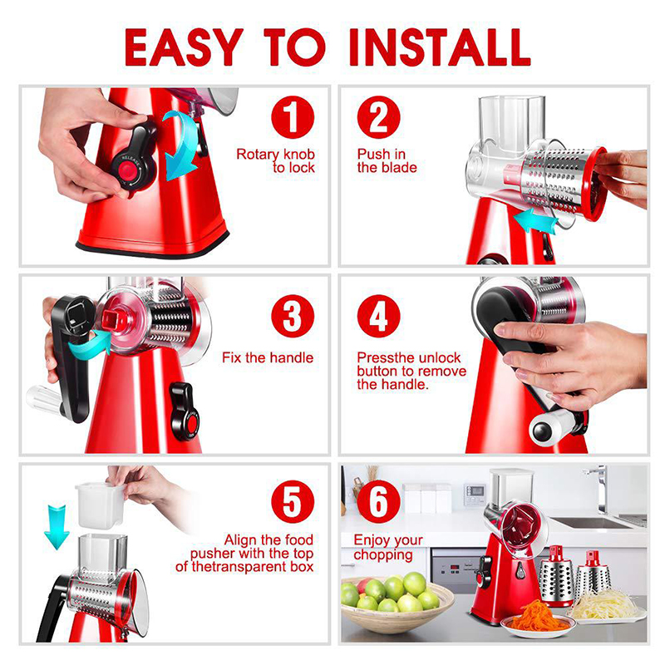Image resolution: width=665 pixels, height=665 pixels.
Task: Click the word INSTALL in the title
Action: (x=440, y=47)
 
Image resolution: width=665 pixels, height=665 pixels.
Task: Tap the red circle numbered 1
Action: (x=293, y=117)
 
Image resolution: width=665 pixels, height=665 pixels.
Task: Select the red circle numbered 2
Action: (x=379, y=117)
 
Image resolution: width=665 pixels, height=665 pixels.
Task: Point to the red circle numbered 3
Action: (x=293, y=316)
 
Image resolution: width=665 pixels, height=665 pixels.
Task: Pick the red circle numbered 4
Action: (x=379, y=316)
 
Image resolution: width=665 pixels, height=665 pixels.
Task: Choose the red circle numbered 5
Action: (x=293, y=501)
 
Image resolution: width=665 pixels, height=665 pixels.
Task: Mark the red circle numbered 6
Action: (x=379, y=501)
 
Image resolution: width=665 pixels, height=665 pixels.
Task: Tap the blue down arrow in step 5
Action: (x=57, y=527)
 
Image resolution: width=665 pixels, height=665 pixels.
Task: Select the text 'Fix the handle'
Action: (x=268, y=357)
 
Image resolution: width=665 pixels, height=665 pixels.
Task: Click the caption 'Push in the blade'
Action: (x=387, y=160)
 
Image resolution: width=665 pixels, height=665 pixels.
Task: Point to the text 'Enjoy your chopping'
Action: (x=388, y=547)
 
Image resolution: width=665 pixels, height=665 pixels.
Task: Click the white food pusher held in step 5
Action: (x=100, y=505)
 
